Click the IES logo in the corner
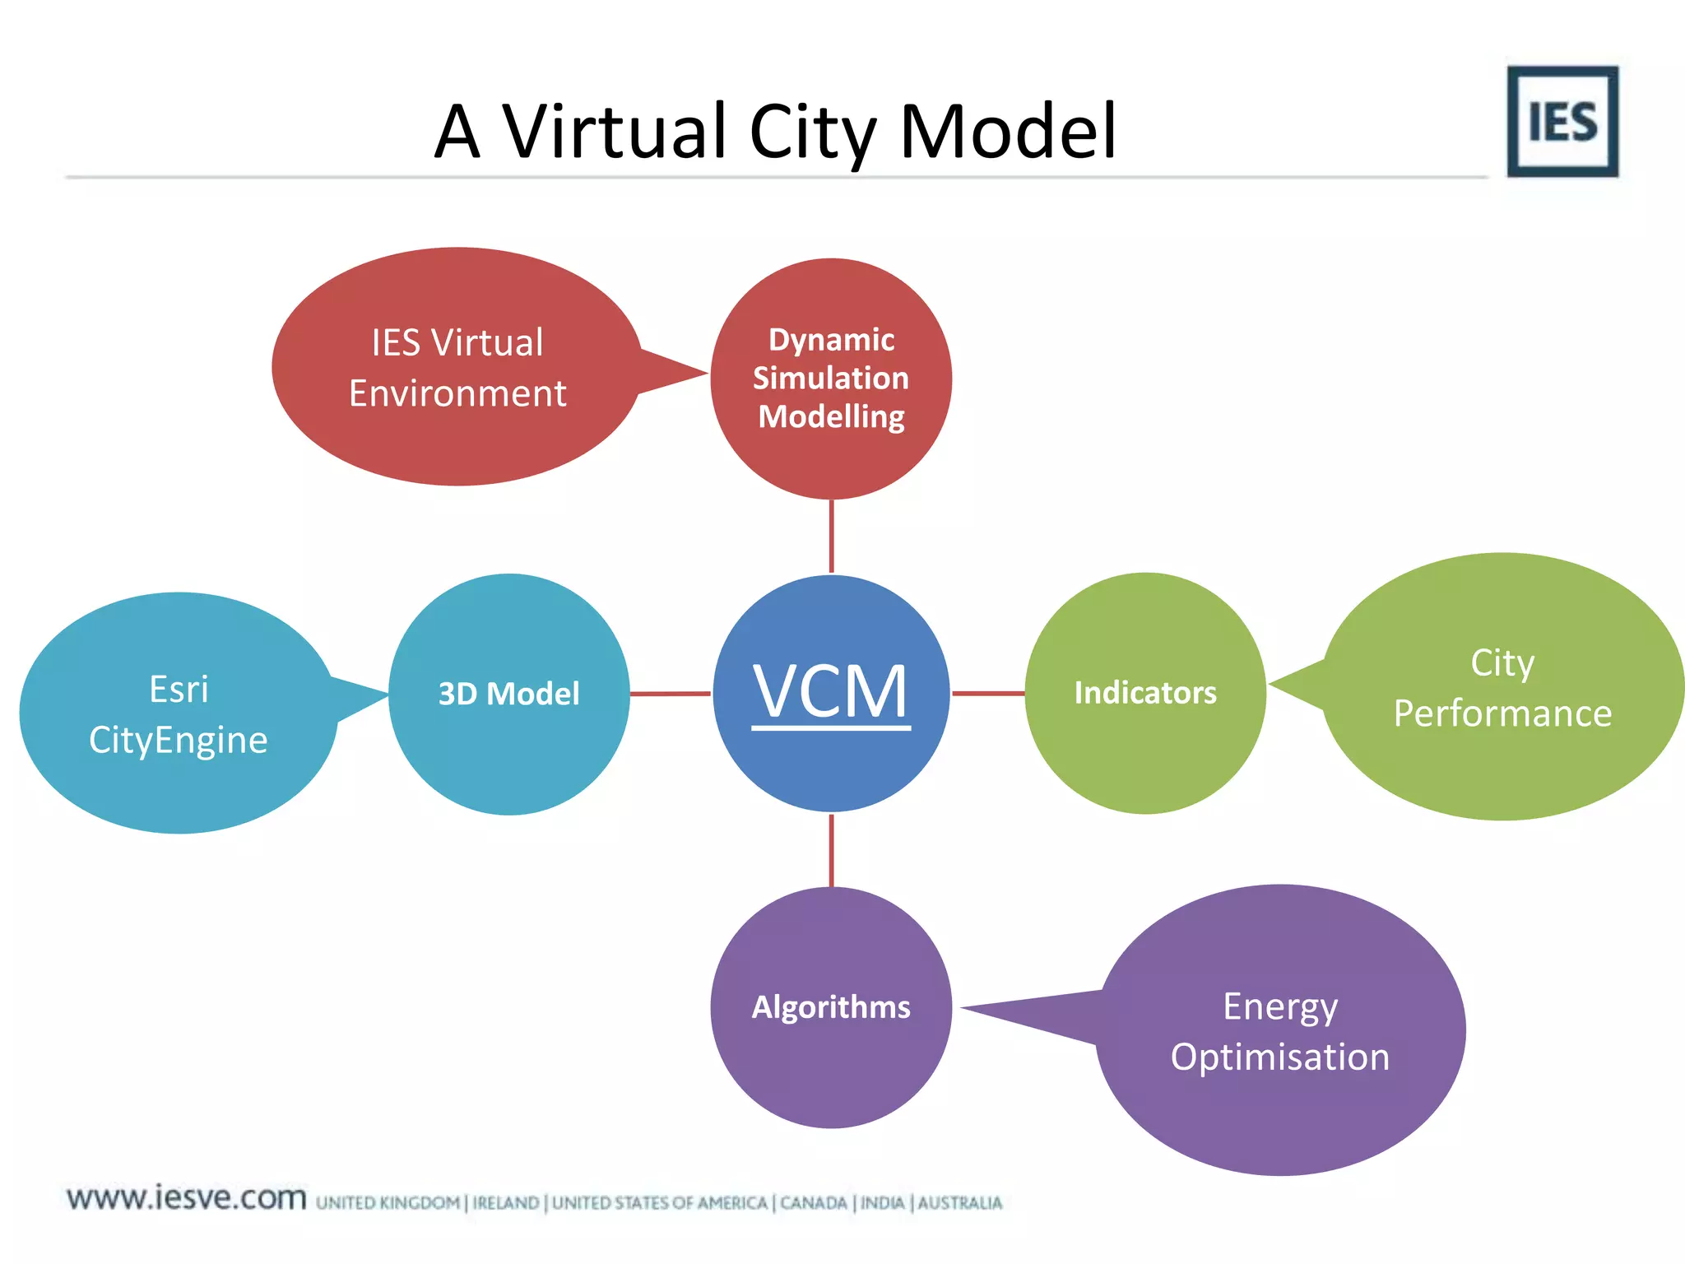[x=1562, y=122]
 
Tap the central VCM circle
[x=831, y=693]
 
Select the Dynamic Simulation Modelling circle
[x=831, y=379]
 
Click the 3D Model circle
[x=509, y=694]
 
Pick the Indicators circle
[x=1144, y=693]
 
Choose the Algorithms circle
[x=831, y=1007]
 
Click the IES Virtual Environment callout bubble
[x=457, y=367]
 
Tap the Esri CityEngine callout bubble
[x=179, y=713]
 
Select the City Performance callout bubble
[x=1502, y=687]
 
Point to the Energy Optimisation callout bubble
[x=1280, y=1030]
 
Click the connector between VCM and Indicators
[x=988, y=694]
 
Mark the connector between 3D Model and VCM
[x=671, y=694]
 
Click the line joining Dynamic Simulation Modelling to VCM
[x=832, y=536]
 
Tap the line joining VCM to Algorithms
[x=832, y=850]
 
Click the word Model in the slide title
[x=1008, y=132]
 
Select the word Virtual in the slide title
[x=615, y=132]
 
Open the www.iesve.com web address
[x=187, y=1198]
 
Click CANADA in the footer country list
[x=813, y=1203]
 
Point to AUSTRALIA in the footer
[x=960, y=1203]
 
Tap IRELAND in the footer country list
[x=506, y=1203]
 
